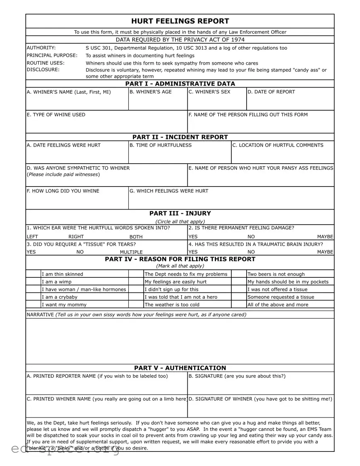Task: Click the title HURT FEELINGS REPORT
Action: point(180,21)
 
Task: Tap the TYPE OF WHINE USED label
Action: point(56,115)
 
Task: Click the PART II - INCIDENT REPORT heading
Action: point(180,137)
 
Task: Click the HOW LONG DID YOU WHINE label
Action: point(63,191)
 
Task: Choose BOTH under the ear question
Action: point(136,237)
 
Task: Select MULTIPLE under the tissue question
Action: point(131,252)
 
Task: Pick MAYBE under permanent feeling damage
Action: point(325,237)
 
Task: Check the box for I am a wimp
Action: point(33,282)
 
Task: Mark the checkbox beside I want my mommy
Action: point(33,305)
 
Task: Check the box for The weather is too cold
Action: point(136,305)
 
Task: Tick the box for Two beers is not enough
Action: point(239,274)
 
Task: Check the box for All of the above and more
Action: point(239,305)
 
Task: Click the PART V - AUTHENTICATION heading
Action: point(180,368)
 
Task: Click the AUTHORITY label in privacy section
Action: point(41,48)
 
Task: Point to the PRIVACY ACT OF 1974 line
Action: point(180,40)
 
